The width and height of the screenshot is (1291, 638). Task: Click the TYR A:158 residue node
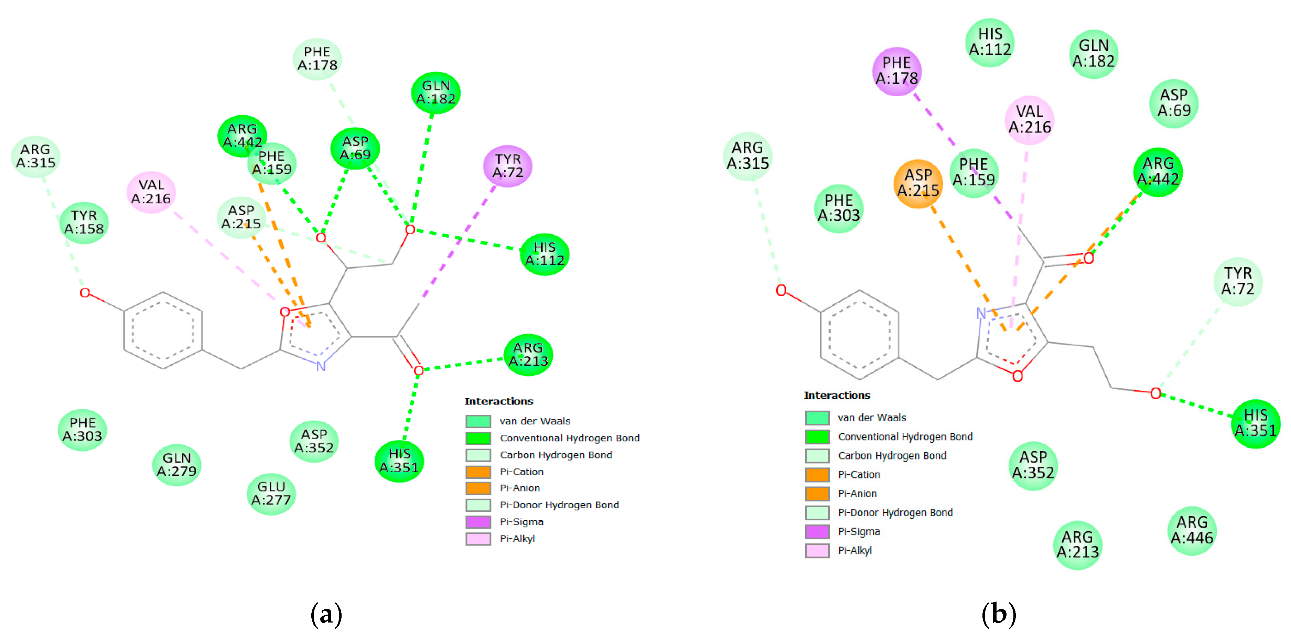[x=84, y=223]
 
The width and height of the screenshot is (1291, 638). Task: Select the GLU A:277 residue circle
[x=271, y=494]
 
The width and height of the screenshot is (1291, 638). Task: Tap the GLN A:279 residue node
[x=176, y=465]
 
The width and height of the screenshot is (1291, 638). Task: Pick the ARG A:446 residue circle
[x=1192, y=530]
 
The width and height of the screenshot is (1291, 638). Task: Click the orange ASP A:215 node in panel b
[x=918, y=183]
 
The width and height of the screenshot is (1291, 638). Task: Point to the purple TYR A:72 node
[x=507, y=166]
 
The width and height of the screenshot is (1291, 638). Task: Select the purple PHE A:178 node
[x=896, y=71]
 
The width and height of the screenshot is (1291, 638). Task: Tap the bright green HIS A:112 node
[x=544, y=254]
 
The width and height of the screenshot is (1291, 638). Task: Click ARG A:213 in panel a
[x=528, y=354]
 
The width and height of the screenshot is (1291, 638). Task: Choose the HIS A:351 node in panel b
[x=1256, y=423]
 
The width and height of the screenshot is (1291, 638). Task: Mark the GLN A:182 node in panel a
[x=435, y=92]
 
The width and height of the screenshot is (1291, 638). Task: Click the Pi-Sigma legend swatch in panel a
[x=478, y=522]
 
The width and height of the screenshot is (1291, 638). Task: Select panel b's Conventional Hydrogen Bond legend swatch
[x=817, y=436]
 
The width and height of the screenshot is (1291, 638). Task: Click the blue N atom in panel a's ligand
[x=321, y=366]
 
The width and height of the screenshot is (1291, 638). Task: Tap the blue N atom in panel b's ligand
[x=981, y=313]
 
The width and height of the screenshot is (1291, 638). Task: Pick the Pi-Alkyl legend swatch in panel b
[x=817, y=550]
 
